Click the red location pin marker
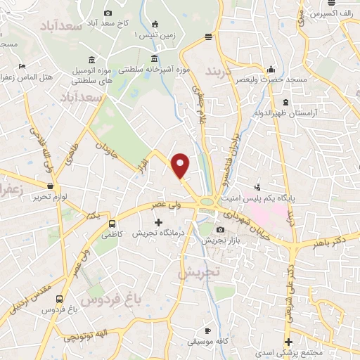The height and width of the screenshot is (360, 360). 181,165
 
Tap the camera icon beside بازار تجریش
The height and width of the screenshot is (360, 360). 221,230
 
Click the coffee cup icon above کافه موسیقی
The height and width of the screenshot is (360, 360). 207,330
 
